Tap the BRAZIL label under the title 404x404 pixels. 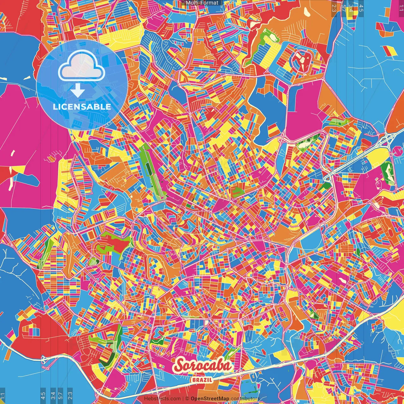tap(202, 380)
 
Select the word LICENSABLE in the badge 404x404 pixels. tap(82, 107)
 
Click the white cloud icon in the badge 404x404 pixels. tap(82, 66)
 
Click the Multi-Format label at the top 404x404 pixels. tap(202, 3)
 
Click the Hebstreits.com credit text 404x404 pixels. tap(162, 399)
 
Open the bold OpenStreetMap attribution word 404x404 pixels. tap(210, 399)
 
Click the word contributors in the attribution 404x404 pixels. tap(245, 399)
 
